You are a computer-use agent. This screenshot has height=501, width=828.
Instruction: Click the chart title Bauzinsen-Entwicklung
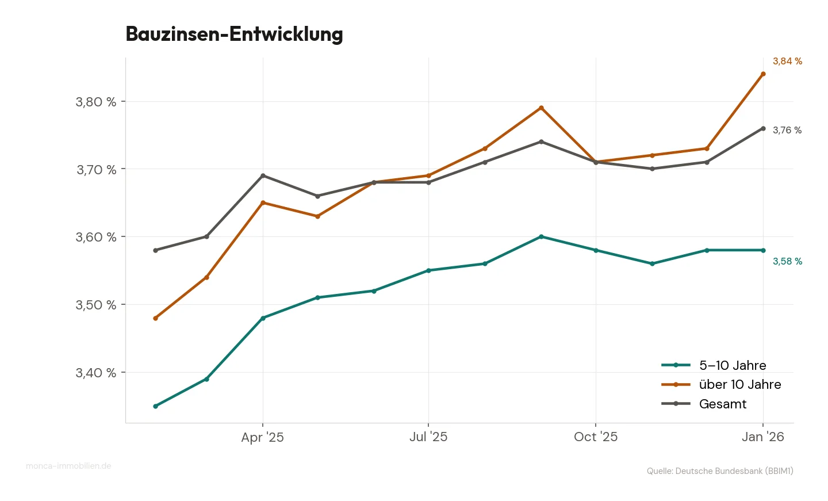coord(234,34)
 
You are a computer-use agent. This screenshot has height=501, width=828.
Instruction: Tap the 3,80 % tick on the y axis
coord(95,102)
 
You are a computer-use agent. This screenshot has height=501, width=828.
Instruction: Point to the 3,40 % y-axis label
coord(95,373)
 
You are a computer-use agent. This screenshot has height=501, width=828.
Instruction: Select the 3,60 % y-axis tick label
coord(95,237)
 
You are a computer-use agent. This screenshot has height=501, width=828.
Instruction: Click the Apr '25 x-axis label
coord(262,437)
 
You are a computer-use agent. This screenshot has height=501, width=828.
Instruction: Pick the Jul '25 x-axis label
coord(428,437)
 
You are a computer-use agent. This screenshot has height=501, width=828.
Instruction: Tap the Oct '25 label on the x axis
coord(595,437)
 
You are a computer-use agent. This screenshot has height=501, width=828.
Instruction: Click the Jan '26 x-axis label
coord(762,437)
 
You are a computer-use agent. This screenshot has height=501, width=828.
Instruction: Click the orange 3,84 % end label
coord(787,61)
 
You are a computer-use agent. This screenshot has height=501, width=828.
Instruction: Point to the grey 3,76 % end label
coord(787,130)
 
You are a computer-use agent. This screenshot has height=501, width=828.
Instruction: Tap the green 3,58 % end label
coord(787,261)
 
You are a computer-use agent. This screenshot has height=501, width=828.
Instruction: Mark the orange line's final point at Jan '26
coord(763,74)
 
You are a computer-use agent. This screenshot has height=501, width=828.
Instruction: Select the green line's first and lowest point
coord(155,406)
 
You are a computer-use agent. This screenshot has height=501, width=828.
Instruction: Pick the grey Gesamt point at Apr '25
coord(263,175)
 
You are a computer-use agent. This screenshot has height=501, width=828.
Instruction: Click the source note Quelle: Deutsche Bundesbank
coord(719,471)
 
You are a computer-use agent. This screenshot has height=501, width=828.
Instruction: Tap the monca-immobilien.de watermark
coord(68,466)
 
